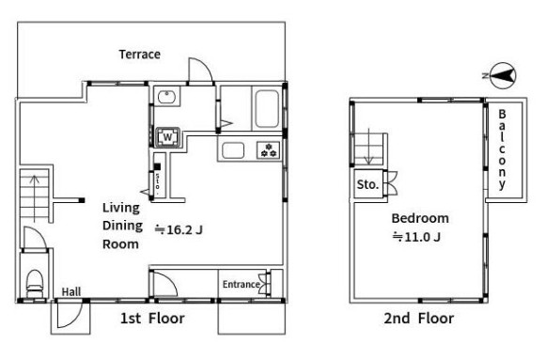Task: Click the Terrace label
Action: point(140,55)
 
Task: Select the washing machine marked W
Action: point(168,137)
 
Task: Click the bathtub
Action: point(267,109)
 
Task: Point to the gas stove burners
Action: point(269,150)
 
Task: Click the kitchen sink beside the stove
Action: point(233,150)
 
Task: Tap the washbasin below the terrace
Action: point(167,97)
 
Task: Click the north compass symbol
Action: point(503,75)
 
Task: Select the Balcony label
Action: point(502,149)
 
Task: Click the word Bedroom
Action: point(420,218)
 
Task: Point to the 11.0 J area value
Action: point(417,237)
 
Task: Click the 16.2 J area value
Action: point(179,229)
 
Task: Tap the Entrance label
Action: point(242,284)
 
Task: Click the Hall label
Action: point(71,291)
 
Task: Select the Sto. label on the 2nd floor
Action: point(367,184)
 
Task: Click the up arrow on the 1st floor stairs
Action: point(34,199)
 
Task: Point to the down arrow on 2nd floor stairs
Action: point(368,147)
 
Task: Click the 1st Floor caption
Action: point(152,319)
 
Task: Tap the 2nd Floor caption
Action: point(419,319)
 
